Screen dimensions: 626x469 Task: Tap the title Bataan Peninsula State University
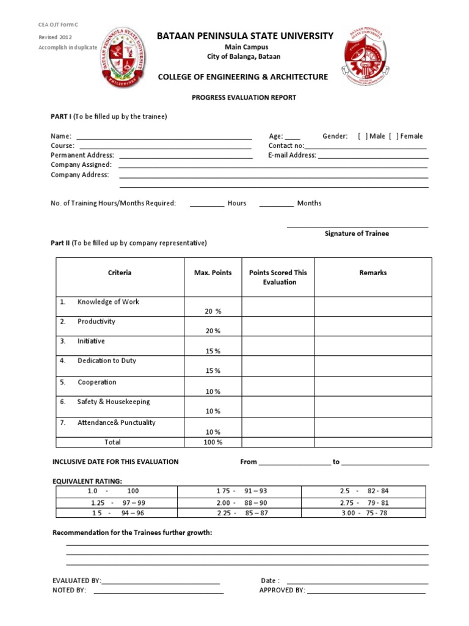tap(245, 36)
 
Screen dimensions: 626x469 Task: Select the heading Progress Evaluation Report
tap(244, 97)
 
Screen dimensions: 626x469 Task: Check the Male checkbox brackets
tap(363, 136)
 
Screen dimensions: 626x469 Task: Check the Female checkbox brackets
tap(393, 136)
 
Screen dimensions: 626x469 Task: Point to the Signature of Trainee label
tap(357, 234)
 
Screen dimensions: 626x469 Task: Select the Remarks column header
tap(373, 273)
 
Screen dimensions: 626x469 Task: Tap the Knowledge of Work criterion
tap(108, 302)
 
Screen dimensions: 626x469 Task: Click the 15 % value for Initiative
tap(213, 351)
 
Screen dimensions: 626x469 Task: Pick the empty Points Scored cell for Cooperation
tap(278, 386)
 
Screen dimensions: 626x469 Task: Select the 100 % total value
tap(213, 442)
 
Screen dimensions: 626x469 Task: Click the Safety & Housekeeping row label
tap(113, 402)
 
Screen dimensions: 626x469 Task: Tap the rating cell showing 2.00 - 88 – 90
tap(241, 503)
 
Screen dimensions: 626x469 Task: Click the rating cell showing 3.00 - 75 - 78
tap(364, 513)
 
